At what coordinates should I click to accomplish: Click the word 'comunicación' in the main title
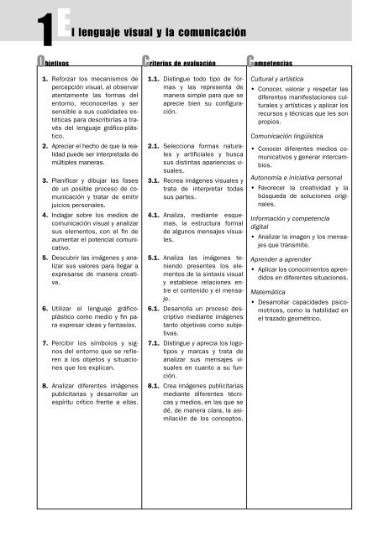coord(211,32)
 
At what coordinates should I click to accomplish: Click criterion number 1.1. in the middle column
coord(153,79)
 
